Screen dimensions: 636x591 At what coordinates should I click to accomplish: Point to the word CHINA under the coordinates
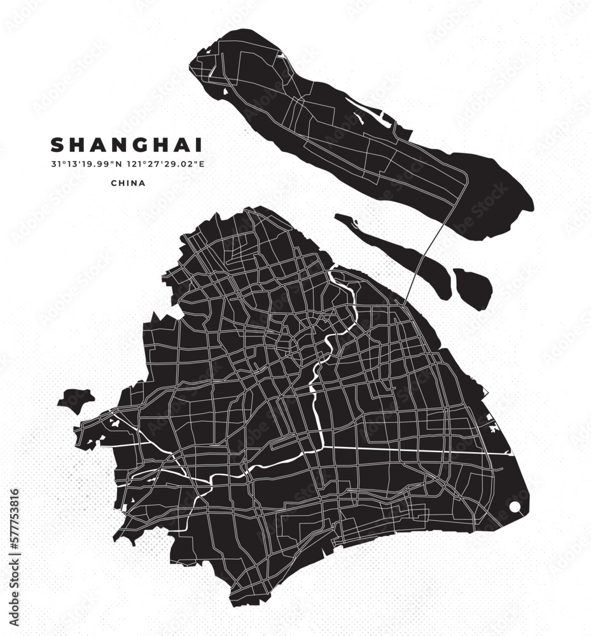pos(128,183)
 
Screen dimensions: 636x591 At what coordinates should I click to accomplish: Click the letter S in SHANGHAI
pos(57,145)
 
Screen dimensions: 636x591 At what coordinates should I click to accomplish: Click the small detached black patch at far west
pos(76,400)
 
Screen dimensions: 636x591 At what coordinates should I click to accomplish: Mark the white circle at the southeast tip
pos(515,507)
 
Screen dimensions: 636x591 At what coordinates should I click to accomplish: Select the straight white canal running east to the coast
pos(414,449)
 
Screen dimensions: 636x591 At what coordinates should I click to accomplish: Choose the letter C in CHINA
pos(113,183)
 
